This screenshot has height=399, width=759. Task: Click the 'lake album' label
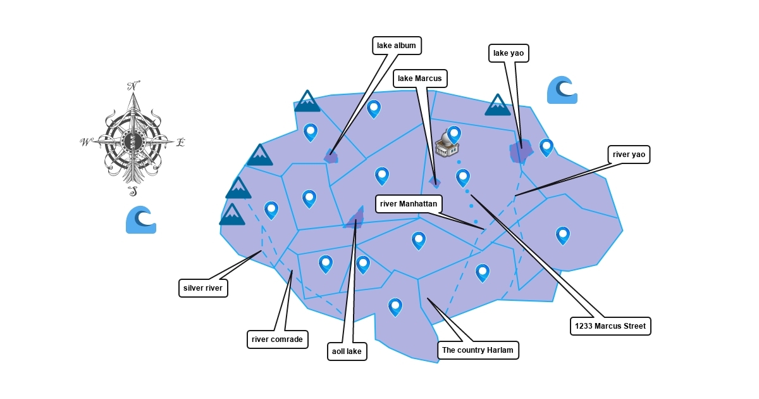pos(397,46)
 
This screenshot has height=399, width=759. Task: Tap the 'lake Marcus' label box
pos(420,79)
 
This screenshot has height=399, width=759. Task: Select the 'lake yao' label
pos(509,53)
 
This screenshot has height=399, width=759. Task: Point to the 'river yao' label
pos(629,155)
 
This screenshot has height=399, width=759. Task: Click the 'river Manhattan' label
pos(409,204)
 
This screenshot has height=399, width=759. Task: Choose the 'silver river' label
pos(203,288)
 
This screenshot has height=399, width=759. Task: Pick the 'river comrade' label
pos(277,339)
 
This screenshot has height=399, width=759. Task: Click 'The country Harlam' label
pos(478,350)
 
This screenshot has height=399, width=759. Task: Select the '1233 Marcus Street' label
pos(610,326)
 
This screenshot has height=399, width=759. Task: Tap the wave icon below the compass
pos(140,220)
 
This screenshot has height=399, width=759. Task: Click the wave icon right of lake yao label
pos(562,90)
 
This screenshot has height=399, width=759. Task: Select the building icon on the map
pos(447,145)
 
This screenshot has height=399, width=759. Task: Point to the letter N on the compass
pos(133,86)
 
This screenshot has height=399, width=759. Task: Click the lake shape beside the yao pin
pos(521,151)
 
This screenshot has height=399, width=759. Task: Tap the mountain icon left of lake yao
pos(498,105)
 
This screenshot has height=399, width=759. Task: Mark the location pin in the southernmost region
pos(395,307)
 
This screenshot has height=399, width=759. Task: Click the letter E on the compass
pos(180,142)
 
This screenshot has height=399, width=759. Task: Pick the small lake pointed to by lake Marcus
pos(435,182)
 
